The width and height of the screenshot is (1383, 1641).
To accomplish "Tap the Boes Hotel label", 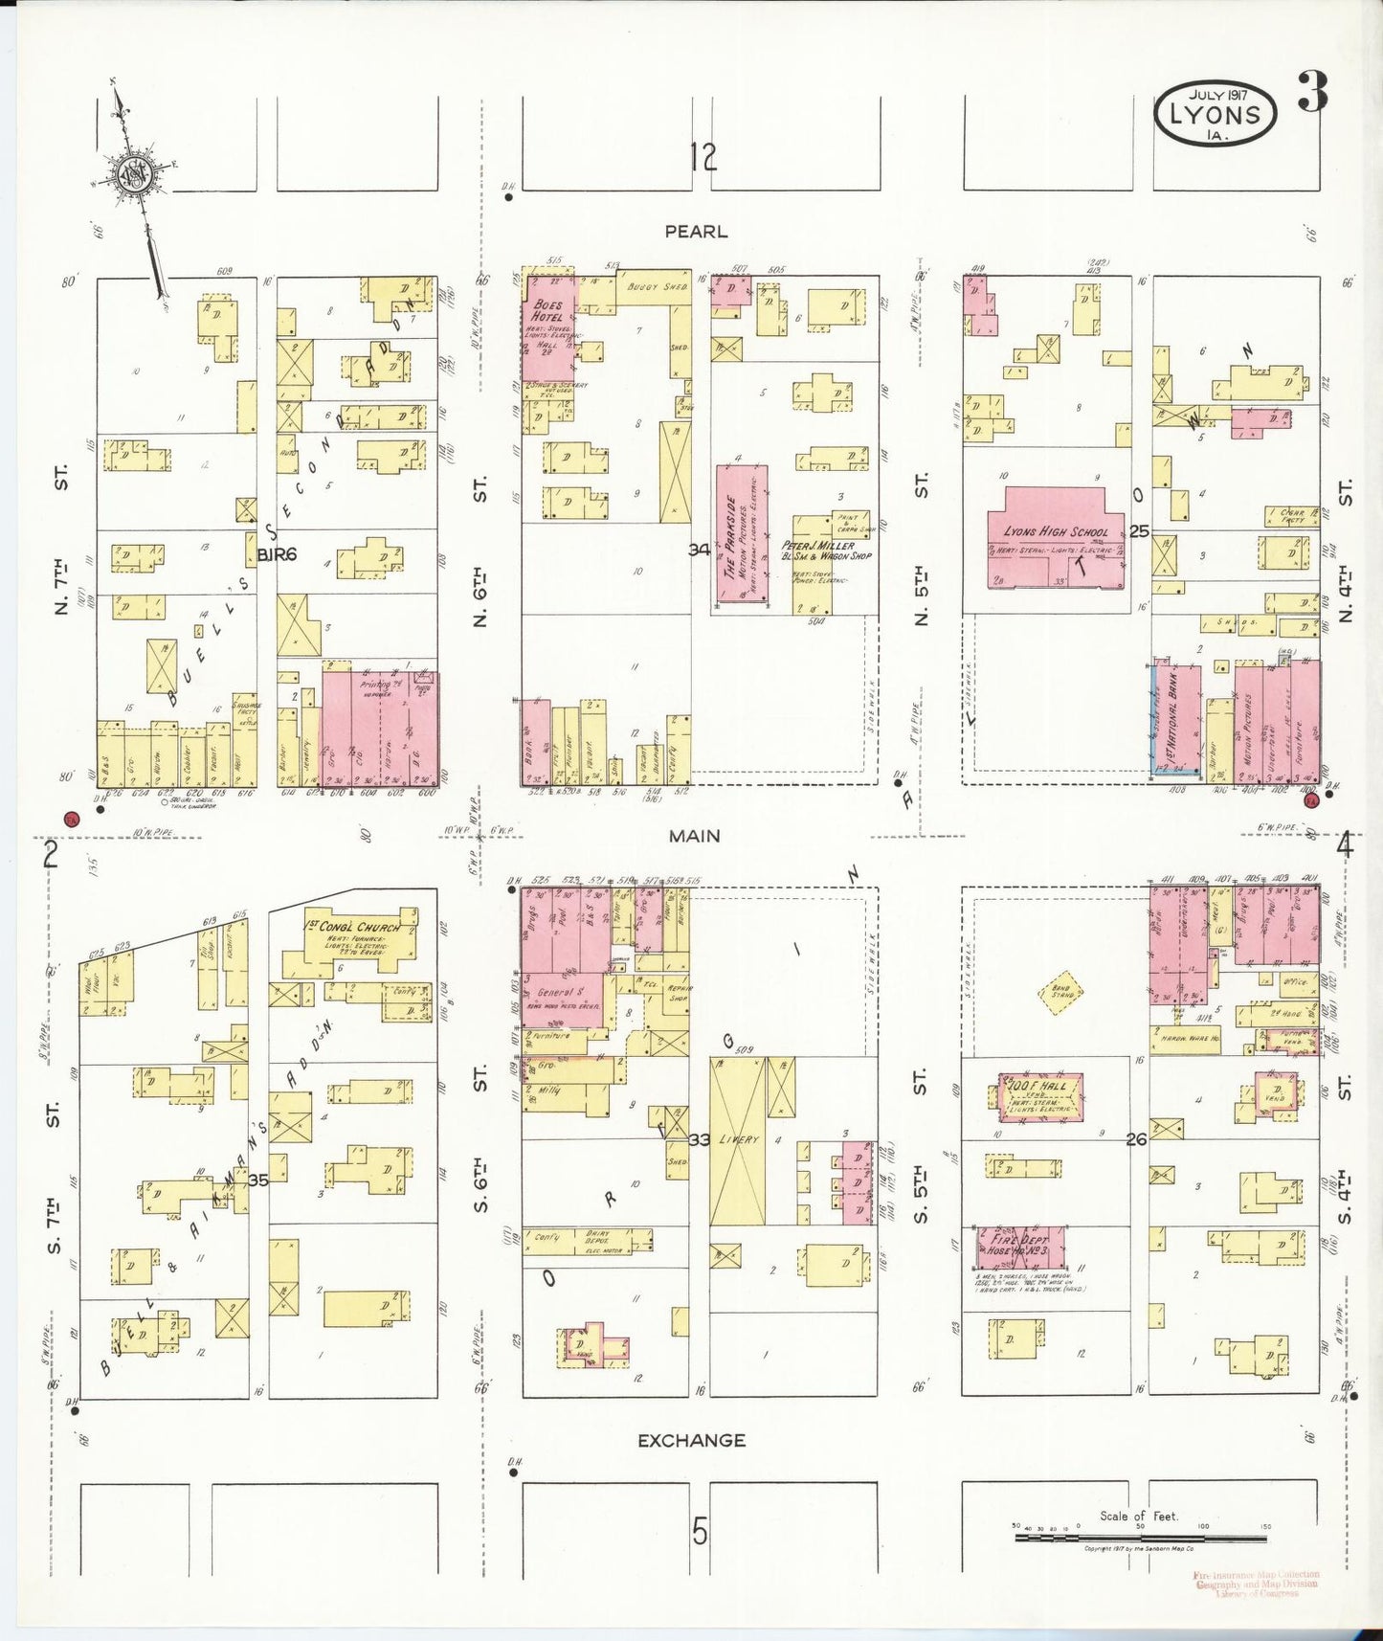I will (x=547, y=311).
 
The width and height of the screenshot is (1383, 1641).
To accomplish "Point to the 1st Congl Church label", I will (x=352, y=927).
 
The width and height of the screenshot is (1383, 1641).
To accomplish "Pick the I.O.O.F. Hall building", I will (x=1041, y=1095).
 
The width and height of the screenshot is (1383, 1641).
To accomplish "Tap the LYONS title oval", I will (x=1216, y=113).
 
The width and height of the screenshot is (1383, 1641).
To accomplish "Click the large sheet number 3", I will (x=1314, y=93).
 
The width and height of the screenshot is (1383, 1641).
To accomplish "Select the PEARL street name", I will (x=696, y=232).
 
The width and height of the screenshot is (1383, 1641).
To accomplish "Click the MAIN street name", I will (x=694, y=836).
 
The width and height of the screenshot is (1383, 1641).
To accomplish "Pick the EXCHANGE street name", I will (x=691, y=1440).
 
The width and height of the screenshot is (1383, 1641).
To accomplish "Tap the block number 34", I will (x=700, y=550).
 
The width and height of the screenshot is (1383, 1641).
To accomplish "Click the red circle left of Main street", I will (x=70, y=820).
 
